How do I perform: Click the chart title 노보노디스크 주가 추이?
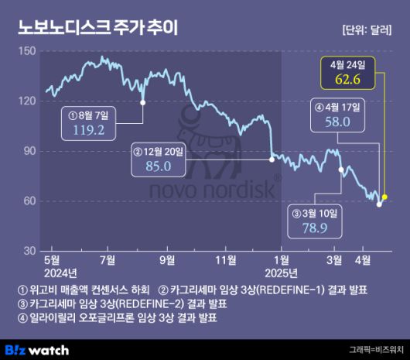click(97, 28)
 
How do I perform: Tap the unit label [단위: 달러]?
click(367, 29)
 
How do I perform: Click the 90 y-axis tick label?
click(29, 151)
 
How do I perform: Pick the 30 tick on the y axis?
click(29, 251)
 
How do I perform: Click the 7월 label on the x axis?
click(108, 259)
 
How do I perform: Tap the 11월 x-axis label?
click(226, 259)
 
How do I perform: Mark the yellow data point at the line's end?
click(384, 197)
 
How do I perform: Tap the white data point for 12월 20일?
click(271, 159)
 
